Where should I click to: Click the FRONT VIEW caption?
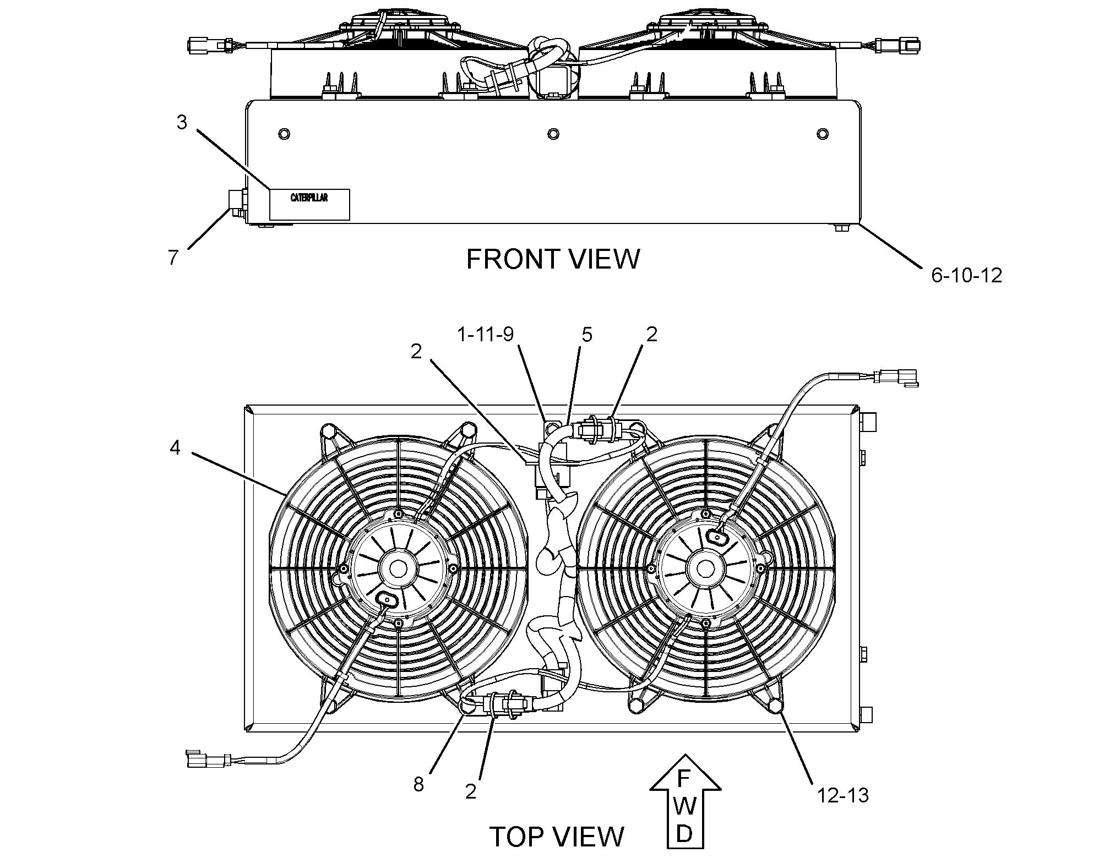point(553,259)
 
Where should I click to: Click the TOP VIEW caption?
point(557,837)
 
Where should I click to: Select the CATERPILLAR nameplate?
point(309,204)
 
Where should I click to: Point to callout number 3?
point(182,122)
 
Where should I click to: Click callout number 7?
point(173,257)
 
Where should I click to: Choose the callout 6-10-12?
point(966,275)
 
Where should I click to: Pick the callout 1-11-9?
point(485,334)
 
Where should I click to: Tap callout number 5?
point(587,334)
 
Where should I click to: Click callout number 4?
point(175,448)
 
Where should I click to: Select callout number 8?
point(418,784)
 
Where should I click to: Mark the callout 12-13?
point(842,795)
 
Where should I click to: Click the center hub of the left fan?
point(398,568)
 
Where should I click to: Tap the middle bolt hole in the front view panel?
point(553,134)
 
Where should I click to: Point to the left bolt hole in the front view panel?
point(284,134)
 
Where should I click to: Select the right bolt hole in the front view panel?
point(822,134)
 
